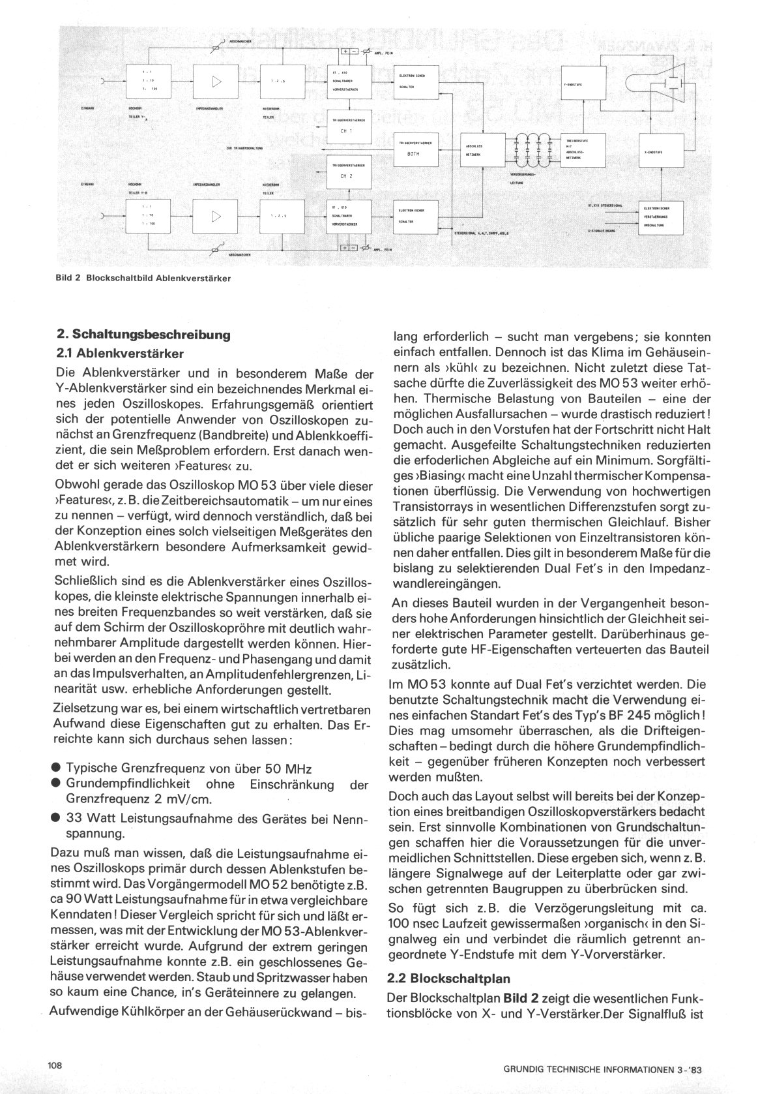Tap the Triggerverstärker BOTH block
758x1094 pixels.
417,149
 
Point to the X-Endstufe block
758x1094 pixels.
660,151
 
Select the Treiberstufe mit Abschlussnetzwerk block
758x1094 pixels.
583,151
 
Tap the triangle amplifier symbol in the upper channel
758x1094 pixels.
216,82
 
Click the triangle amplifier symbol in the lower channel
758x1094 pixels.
216,216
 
